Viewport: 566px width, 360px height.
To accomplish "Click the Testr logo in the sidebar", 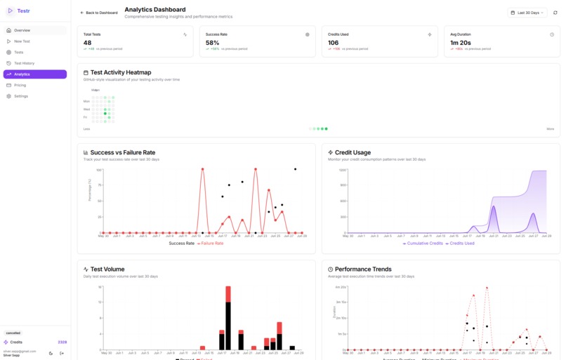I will (x=19, y=11).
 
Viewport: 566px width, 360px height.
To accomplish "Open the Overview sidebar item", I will (x=22, y=30).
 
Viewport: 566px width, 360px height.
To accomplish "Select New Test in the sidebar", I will (x=22, y=41).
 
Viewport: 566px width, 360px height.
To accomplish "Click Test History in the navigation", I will (x=24, y=63).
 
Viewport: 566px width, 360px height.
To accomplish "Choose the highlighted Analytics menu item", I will (x=22, y=74).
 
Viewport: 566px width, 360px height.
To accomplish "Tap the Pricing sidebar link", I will (x=20, y=85).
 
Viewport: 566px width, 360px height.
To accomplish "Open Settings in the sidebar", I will (x=20, y=96).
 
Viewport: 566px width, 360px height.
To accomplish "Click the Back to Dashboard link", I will (x=99, y=13).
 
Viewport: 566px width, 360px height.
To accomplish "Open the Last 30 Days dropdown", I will (x=527, y=13).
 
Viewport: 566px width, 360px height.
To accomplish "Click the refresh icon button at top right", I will (x=555, y=13).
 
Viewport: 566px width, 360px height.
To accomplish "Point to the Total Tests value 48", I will (x=88, y=43).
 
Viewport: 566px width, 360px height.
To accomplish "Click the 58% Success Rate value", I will (x=213, y=43).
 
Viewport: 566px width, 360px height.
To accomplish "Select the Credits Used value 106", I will (x=334, y=43).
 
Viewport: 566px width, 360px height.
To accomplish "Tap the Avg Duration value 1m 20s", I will (x=460, y=43).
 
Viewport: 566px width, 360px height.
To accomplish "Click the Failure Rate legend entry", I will (x=211, y=244).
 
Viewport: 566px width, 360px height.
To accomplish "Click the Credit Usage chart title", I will (x=353, y=152).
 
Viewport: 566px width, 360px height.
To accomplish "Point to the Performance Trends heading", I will (x=363, y=269).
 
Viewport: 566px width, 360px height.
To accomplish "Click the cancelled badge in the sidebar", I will (x=13, y=333).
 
